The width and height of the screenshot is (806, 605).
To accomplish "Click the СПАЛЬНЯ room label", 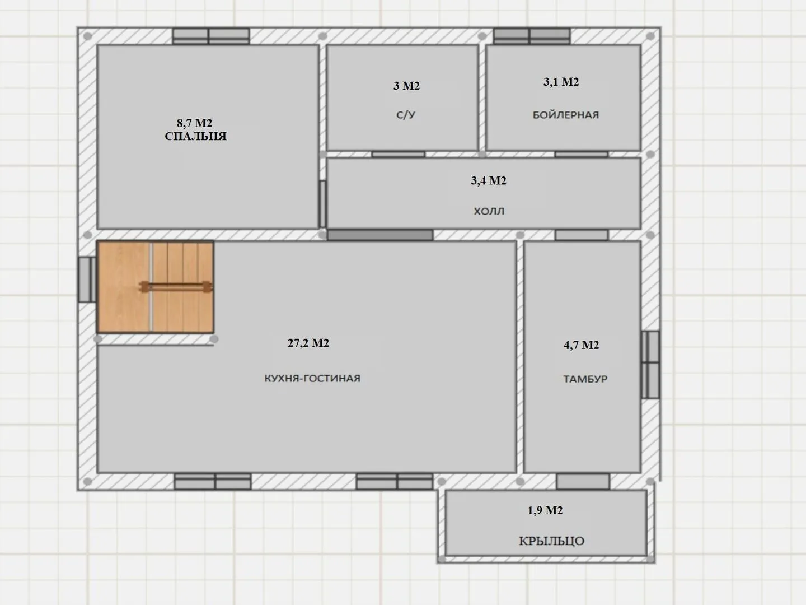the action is click(195, 136).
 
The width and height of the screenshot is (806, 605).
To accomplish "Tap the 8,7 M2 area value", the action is click(194, 123).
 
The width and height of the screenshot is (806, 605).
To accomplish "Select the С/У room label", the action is click(406, 115).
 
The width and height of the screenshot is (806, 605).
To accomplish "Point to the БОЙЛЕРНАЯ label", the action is click(565, 115).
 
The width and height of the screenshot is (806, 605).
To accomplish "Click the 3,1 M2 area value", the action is click(561, 82).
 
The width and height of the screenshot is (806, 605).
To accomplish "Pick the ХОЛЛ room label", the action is click(489, 211).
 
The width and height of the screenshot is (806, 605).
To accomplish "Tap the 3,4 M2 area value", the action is click(489, 181).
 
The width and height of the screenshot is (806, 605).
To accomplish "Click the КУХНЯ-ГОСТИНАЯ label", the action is click(312, 378).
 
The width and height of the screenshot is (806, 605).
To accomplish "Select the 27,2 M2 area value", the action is click(308, 343).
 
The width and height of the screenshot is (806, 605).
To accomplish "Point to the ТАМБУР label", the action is click(585, 379).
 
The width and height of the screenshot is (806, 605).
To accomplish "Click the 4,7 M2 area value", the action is click(582, 345).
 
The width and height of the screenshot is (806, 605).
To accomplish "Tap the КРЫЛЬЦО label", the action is click(551, 541).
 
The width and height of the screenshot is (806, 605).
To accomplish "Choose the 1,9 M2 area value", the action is click(545, 510).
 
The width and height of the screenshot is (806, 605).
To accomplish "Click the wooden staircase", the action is click(156, 287).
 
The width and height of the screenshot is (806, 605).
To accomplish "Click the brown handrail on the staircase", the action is click(176, 287).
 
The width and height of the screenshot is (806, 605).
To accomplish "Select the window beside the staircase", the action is click(87, 280).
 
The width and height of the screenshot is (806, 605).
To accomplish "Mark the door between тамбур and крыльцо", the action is click(583, 481).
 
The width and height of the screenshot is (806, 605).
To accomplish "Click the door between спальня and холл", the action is click(322, 204).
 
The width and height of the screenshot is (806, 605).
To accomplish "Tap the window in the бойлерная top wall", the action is click(532, 36).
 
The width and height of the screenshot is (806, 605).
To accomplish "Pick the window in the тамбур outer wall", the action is click(650, 365).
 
